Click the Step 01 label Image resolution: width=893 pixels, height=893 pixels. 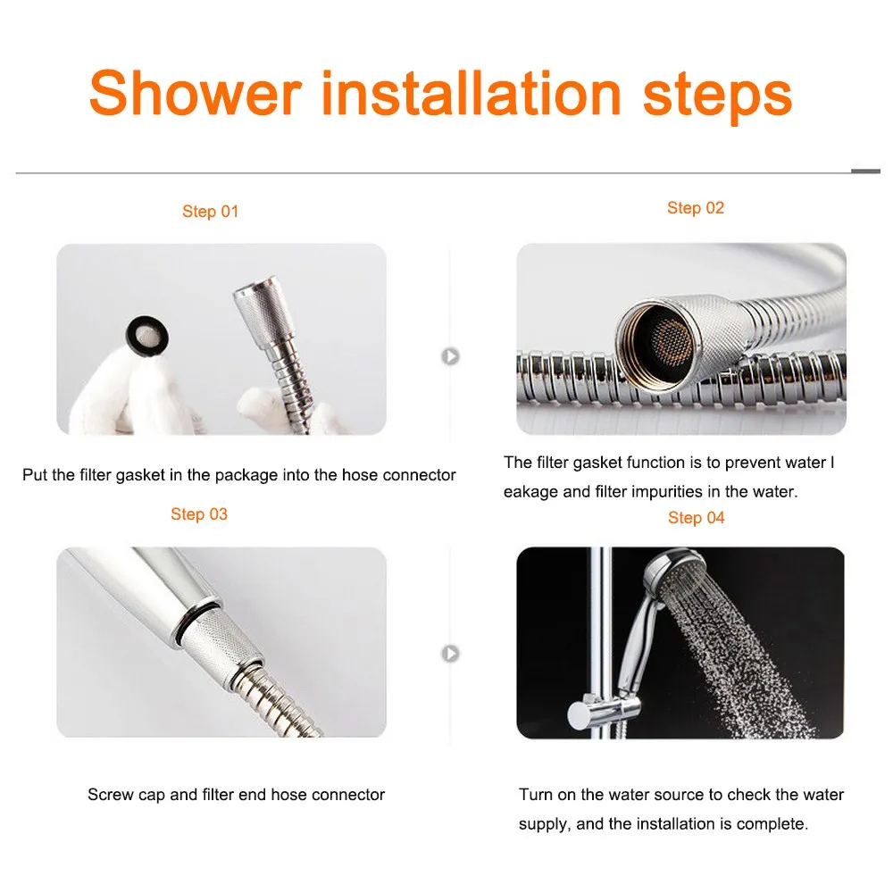(x=211, y=212)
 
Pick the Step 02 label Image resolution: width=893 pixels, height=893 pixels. (x=696, y=208)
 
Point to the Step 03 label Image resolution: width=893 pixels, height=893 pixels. (x=199, y=514)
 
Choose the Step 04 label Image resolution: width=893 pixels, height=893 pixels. (x=696, y=518)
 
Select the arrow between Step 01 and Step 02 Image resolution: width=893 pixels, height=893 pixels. (x=451, y=356)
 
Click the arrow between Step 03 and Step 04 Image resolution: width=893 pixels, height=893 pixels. (x=451, y=654)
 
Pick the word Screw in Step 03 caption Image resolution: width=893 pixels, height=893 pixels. (x=108, y=794)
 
